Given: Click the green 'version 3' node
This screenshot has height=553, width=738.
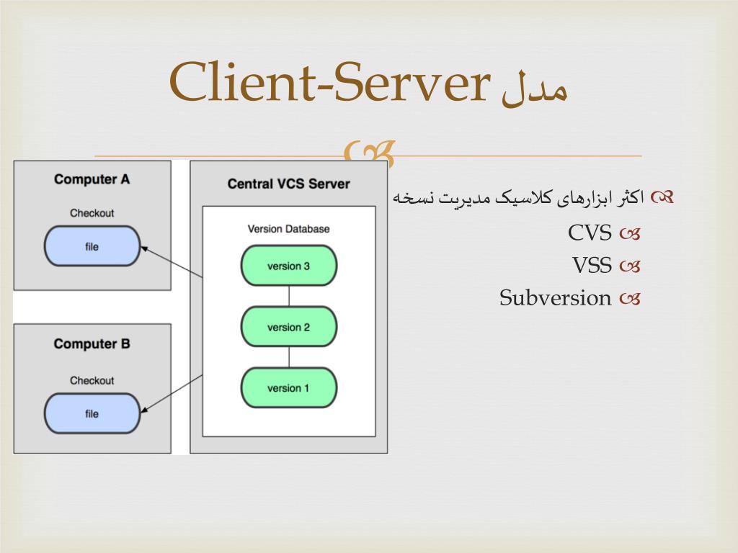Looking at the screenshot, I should coord(288,266).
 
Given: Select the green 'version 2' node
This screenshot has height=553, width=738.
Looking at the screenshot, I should coord(288,327).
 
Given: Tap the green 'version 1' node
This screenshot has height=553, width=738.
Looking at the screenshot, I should coord(288,388).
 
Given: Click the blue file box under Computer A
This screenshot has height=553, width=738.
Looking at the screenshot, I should coord(92,247).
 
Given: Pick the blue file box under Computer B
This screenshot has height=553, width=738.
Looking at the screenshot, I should coord(92,414).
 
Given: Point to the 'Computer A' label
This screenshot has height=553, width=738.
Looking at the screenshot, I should coord(92,179).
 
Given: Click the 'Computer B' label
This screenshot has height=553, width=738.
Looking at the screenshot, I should coord(92,343).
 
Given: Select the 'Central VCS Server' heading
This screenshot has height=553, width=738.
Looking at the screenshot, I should coord(288,184).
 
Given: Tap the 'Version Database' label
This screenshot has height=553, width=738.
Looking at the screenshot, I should coord(288,229).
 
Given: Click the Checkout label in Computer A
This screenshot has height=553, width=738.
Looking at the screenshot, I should coord(92,213).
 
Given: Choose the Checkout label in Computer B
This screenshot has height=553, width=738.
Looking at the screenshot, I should coord(92,380).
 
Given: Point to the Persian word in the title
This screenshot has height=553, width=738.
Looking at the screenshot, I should coord(534,89).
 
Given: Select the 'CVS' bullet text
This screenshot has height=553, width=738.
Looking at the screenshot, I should coord(590,233).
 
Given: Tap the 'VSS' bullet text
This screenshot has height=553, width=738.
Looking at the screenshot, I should coord(592,266).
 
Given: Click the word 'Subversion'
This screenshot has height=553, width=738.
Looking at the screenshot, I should coord(555,297).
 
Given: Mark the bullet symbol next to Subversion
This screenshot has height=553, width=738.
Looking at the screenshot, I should coord(629,298).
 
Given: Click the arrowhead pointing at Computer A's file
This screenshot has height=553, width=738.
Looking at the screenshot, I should coord(144,249).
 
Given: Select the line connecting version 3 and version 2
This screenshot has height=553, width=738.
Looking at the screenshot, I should coord(288,296).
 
